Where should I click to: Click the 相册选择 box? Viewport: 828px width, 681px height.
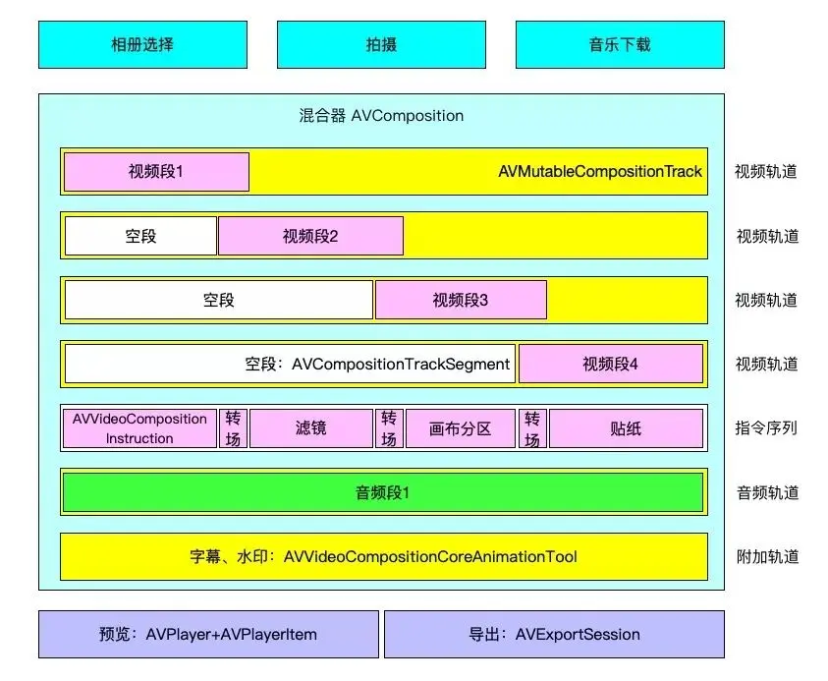[142, 44]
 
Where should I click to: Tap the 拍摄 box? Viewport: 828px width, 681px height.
[381, 44]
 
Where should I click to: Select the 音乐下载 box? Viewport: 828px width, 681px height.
[620, 44]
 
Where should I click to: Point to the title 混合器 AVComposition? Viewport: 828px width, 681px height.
[381, 115]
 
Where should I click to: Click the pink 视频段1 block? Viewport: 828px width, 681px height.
[156, 172]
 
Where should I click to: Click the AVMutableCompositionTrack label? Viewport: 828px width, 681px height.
[600, 172]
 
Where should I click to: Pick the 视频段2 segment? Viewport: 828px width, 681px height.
[310, 236]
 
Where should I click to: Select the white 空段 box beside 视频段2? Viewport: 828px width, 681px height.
[140, 236]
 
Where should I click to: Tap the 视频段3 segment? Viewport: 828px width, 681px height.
[461, 300]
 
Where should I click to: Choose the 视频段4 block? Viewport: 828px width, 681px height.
[610, 364]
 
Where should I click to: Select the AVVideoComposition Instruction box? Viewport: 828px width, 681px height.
[139, 428]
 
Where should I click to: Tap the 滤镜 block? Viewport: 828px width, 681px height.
[311, 428]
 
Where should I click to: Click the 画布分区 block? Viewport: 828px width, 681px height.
[460, 428]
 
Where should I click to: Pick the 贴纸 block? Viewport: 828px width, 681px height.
[626, 428]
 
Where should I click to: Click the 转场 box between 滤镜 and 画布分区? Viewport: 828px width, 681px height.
[389, 428]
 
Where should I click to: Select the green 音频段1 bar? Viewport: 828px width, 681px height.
[382, 492]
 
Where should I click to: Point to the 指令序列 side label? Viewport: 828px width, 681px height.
[766, 428]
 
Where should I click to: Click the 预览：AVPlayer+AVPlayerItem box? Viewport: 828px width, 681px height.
[208, 634]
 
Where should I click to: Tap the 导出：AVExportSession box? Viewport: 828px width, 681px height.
[554, 634]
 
